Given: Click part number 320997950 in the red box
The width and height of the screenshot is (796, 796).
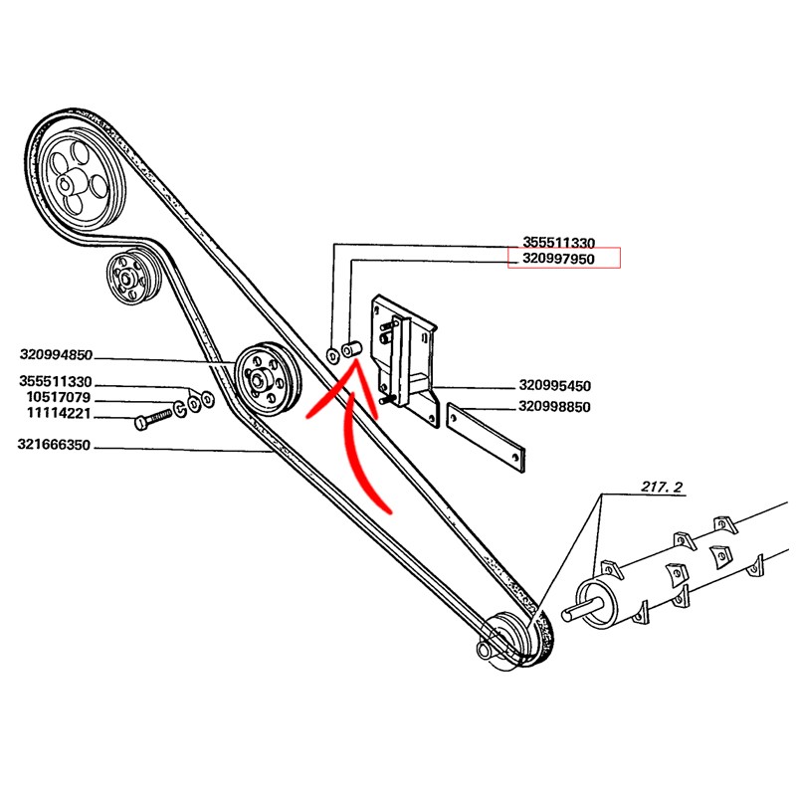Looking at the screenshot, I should (x=563, y=260).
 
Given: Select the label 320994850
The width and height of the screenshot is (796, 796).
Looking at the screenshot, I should (x=56, y=354).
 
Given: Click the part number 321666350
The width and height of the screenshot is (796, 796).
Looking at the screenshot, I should (x=56, y=447).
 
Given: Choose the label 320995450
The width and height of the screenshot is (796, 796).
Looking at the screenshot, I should (x=555, y=386).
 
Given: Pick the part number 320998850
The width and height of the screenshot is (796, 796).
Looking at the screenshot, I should (x=555, y=407).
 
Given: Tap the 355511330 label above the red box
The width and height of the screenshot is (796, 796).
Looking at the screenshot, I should (x=559, y=242).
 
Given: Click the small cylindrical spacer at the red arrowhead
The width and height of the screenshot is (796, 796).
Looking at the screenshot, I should (x=351, y=351).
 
